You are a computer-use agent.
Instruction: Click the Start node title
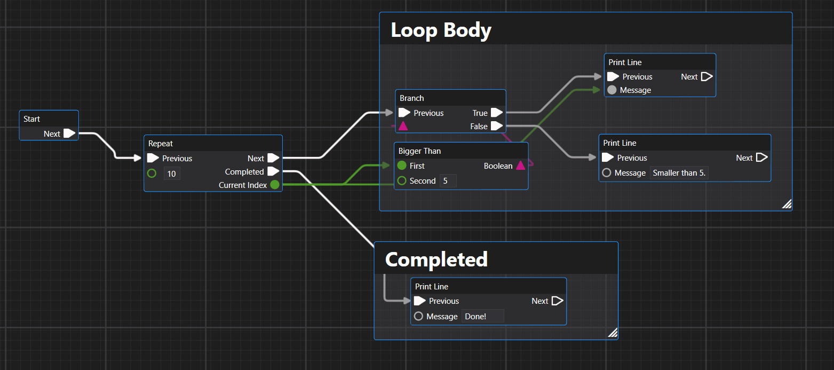[32, 119]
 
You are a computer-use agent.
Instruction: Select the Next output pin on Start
[69, 133]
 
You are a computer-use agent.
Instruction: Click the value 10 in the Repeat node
[172, 174]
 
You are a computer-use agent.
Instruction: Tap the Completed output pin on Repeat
[273, 171]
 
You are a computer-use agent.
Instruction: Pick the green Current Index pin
[274, 185]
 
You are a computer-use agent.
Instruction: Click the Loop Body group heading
[441, 30]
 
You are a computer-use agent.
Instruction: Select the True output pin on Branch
[497, 113]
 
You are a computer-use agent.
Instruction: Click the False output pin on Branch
[497, 126]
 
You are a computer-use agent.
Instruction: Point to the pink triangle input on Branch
[403, 126]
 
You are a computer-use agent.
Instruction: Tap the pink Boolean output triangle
[520, 166]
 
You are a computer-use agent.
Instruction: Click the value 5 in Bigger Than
[448, 181]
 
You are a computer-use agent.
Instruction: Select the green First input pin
[402, 166]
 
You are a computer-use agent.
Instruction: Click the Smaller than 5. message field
[679, 173]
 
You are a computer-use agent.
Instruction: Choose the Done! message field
[482, 317]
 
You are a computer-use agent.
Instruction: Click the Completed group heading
[436, 259]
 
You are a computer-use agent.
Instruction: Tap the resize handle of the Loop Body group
[787, 204]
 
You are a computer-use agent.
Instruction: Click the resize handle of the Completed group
[613, 334]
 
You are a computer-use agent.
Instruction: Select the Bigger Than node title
[420, 151]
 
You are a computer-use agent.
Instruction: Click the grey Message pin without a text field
[612, 90]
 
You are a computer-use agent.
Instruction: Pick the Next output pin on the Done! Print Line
[557, 301]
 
